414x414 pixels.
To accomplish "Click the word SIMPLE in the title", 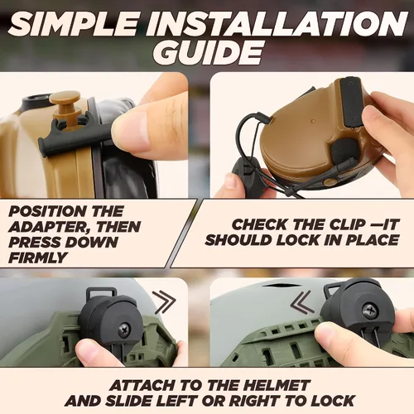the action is (74, 23).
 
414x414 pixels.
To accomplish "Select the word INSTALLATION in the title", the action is (277, 23).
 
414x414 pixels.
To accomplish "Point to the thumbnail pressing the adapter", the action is (130, 130).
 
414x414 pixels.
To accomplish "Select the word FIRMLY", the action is (38, 258).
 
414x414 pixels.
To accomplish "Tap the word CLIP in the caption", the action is (349, 224).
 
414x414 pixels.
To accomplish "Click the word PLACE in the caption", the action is (372, 240).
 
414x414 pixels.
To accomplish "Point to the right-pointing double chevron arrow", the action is (165, 302).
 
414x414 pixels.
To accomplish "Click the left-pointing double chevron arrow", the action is (302, 302).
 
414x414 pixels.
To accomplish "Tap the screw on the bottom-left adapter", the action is (125, 330).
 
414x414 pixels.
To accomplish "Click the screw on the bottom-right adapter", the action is (369, 311).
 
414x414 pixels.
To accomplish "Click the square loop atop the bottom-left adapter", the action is (101, 292).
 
